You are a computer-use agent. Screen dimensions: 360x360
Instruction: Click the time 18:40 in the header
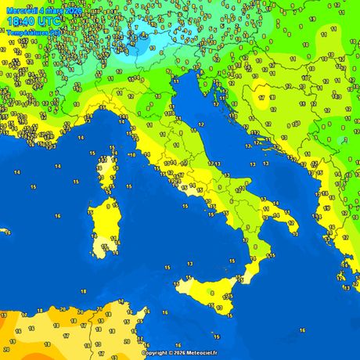[x=23, y=23]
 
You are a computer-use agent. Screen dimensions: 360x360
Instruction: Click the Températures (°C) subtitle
[x=34, y=33]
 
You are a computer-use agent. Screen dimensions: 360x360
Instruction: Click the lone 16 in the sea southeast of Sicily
[x=301, y=330]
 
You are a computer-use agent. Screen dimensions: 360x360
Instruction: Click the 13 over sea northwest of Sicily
[x=189, y=264]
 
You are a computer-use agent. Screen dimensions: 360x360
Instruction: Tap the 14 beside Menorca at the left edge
[x=5, y=182]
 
